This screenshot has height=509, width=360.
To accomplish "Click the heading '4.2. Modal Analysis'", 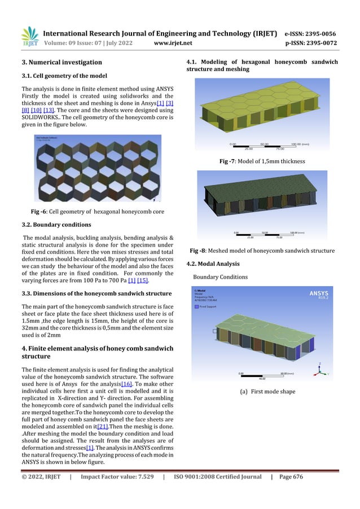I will [x=213, y=264].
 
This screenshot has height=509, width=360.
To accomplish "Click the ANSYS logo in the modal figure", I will [x=322, y=293].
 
